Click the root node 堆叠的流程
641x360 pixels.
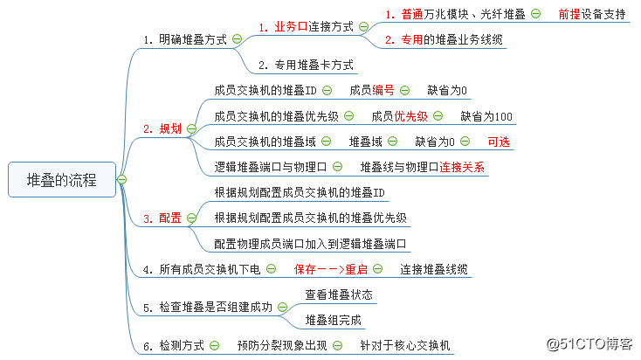pos(60,179)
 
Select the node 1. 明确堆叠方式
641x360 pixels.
pos(186,39)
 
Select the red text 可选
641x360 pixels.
pos(499,142)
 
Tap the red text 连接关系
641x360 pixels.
pos(462,166)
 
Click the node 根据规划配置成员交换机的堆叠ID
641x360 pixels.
pos(300,192)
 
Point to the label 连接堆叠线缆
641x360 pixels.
pos(434,269)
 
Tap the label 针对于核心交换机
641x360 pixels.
pos(406,345)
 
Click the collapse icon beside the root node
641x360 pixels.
pos(121,179)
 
